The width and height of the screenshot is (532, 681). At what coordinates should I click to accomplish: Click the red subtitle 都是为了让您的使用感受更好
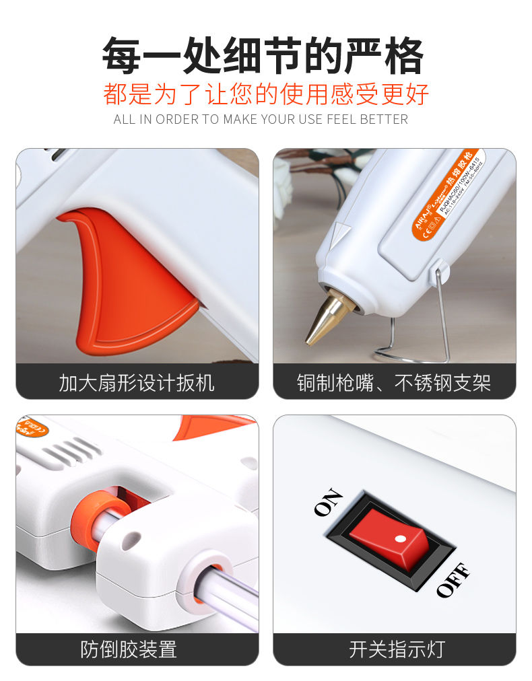(266, 94)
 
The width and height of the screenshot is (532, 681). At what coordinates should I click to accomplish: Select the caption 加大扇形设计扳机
(137, 383)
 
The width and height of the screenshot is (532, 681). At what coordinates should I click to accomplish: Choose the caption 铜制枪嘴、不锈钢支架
(394, 383)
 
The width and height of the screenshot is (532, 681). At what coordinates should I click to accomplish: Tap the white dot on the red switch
(400, 538)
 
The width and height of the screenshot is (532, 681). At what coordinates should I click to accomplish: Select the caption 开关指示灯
(397, 649)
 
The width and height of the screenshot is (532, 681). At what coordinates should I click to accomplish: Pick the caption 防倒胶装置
(129, 649)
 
